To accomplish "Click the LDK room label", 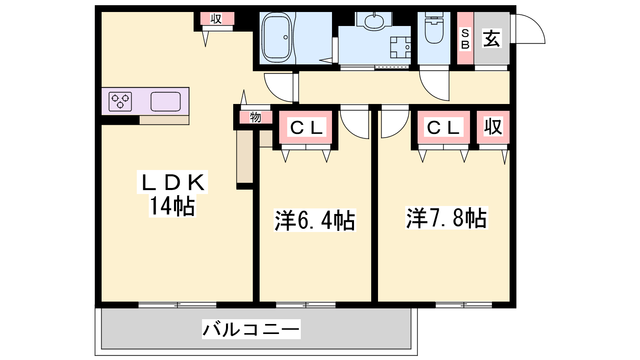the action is click(172, 182).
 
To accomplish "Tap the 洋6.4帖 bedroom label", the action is click(314, 220).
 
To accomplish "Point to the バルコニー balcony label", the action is click(251, 329).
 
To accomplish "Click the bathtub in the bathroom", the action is click(277, 38).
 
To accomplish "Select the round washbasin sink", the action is click(374, 20).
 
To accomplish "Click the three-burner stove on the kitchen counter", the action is click(120, 102).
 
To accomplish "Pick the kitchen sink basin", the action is click(166, 102).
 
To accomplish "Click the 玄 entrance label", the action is click(492, 38).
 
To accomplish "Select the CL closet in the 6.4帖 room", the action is click(306, 128).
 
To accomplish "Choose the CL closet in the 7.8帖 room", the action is click(444, 128).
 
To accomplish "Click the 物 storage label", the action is click(256, 117).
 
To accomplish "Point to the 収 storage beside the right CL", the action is click(493, 126).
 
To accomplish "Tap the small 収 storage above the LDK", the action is click(216, 19).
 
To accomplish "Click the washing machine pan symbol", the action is click(400, 48).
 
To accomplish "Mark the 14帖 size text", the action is click(172, 206).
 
